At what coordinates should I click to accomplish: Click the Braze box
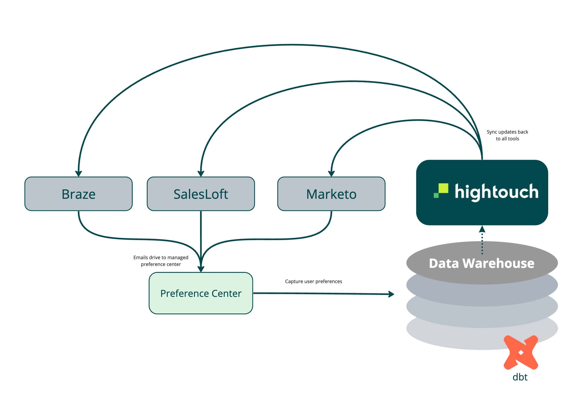point(78,194)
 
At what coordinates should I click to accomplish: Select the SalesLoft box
point(201,194)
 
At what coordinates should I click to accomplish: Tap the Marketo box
point(331,194)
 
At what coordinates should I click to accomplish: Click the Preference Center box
point(201,293)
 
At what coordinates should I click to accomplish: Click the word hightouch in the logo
point(496,192)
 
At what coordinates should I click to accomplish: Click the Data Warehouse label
point(481,263)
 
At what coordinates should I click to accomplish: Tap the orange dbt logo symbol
point(521,352)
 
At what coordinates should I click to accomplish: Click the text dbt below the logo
point(520,377)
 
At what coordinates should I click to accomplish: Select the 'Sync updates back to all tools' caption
point(507,135)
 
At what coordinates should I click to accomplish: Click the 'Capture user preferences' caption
point(313,281)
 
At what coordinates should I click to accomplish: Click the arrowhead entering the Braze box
point(78,174)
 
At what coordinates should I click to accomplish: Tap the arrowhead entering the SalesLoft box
point(201,174)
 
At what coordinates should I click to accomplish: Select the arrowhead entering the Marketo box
point(331,174)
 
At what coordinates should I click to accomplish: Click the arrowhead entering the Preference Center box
point(201,269)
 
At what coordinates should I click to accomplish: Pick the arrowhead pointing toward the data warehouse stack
point(391,294)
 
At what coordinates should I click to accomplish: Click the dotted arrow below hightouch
point(482,241)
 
